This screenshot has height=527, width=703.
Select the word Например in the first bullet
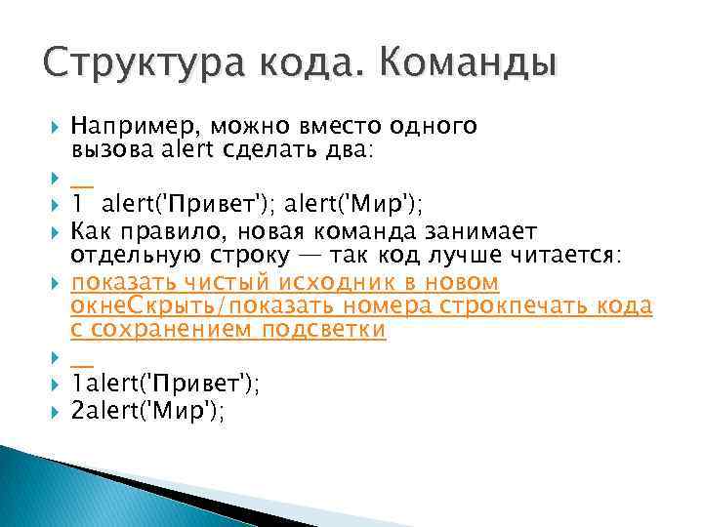tap(127, 126)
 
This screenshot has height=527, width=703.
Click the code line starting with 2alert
tap(148, 413)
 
